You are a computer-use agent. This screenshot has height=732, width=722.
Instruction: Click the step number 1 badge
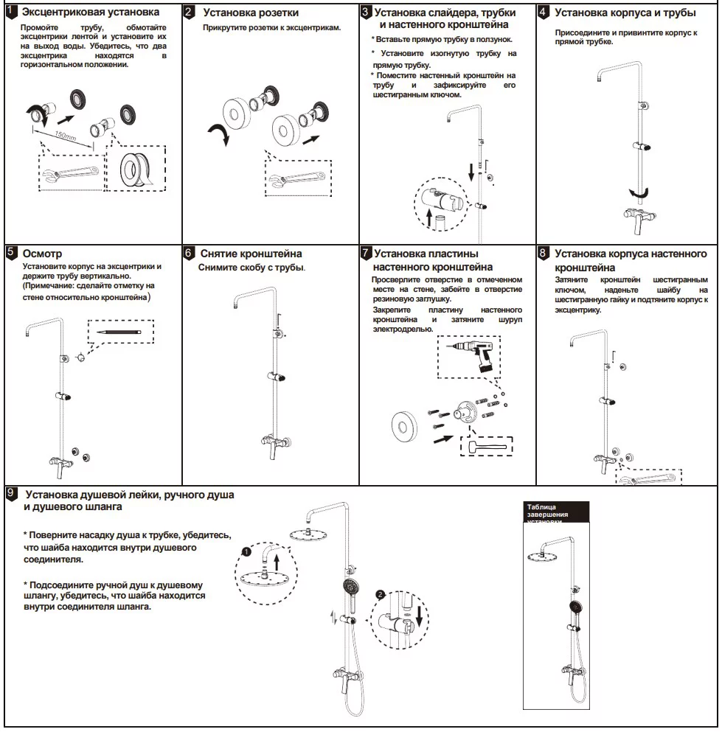tap(11, 12)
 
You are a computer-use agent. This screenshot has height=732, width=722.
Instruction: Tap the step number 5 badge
tap(11, 253)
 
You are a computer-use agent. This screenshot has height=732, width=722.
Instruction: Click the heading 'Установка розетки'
tap(251, 13)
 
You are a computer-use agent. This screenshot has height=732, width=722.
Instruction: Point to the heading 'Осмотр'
tap(43, 254)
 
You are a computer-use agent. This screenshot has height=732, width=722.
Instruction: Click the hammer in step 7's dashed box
tap(484, 447)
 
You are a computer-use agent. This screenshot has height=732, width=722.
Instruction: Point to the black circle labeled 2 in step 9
tap(381, 594)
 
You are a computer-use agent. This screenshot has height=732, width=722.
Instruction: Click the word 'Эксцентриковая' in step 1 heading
tap(65, 13)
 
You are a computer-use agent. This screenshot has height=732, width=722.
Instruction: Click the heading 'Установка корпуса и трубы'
tap(625, 13)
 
